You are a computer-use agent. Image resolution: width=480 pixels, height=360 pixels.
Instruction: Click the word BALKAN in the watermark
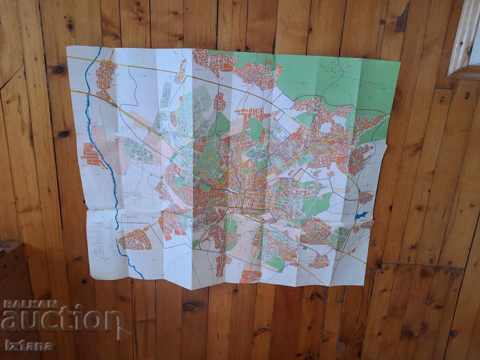[30, 304]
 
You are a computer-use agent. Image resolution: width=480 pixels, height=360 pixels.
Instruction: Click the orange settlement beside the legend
[135, 240]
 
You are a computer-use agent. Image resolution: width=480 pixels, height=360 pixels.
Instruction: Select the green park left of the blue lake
[318, 204]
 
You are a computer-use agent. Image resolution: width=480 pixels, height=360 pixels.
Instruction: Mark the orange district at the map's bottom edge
[250, 276]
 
